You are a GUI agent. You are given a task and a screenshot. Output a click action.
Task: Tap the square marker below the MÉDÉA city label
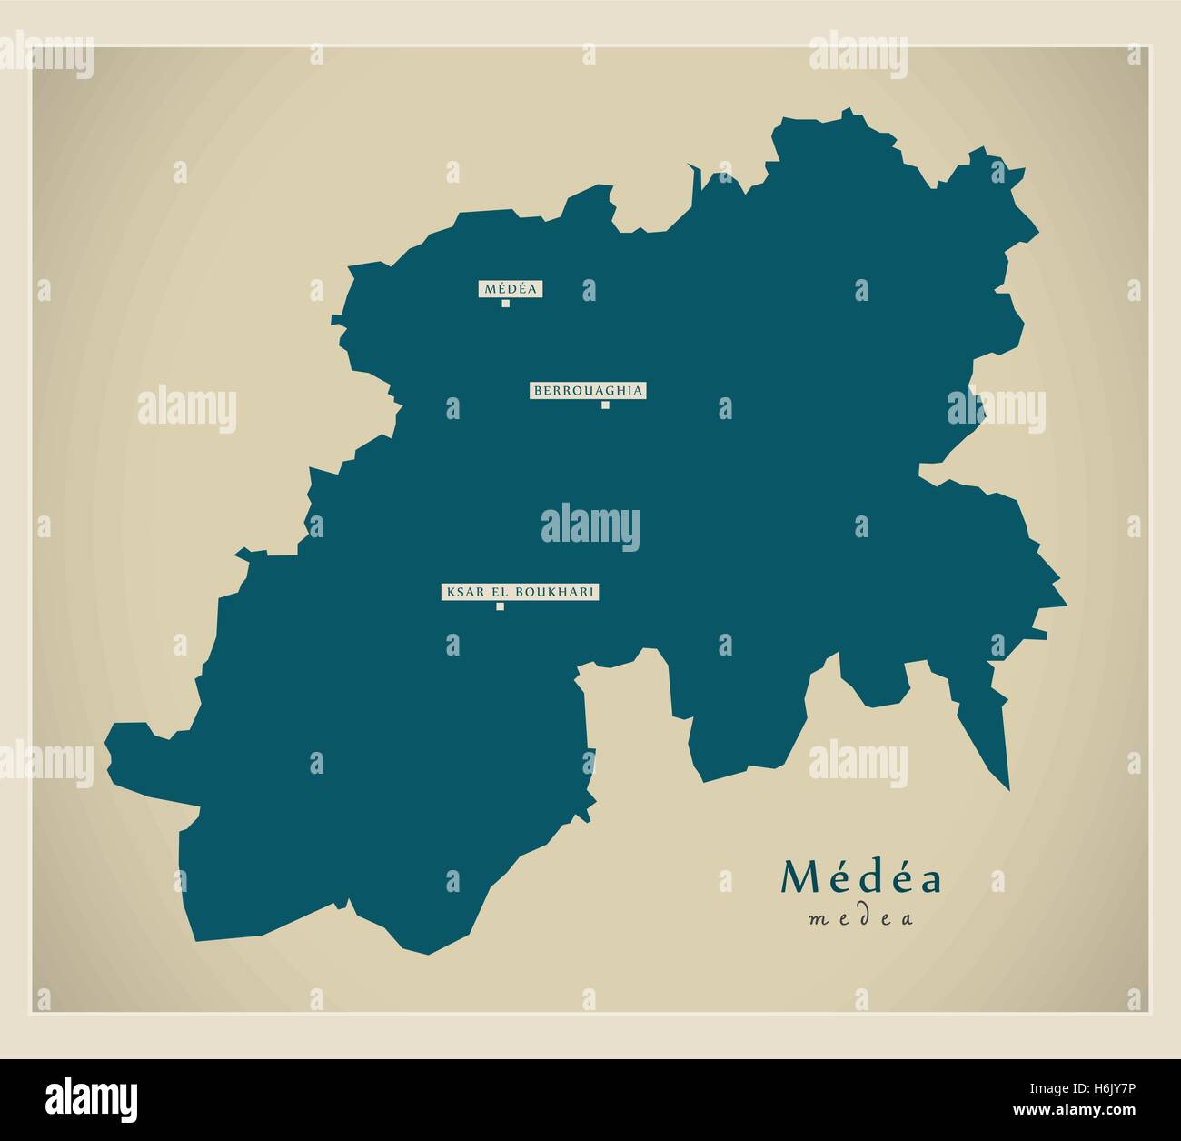[x=506, y=304]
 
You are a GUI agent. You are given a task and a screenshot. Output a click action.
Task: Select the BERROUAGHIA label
[x=589, y=391]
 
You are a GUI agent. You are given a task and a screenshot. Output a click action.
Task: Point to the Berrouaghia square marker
[x=605, y=405]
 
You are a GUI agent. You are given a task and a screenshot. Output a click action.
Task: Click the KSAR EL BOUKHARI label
[x=521, y=592]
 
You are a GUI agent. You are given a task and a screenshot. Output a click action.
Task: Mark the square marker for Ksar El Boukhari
[x=500, y=606]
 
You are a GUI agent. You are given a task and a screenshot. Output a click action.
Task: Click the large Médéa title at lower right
[x=860, y=877]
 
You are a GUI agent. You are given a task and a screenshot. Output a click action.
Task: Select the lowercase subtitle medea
[x=860, y=918]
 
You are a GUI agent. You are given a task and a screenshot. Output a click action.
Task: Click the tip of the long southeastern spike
[x=1008, y=787]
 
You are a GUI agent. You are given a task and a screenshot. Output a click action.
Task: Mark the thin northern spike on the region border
[x=695, y=182]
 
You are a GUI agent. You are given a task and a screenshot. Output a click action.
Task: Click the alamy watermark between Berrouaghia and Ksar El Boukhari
[x=590, y=526]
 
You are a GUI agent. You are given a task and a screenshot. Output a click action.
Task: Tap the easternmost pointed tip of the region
[x=1065, y=603]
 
